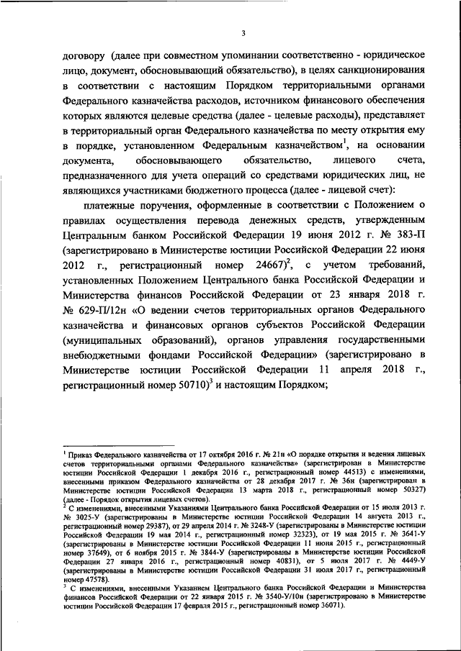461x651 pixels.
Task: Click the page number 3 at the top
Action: coord(244,32)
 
